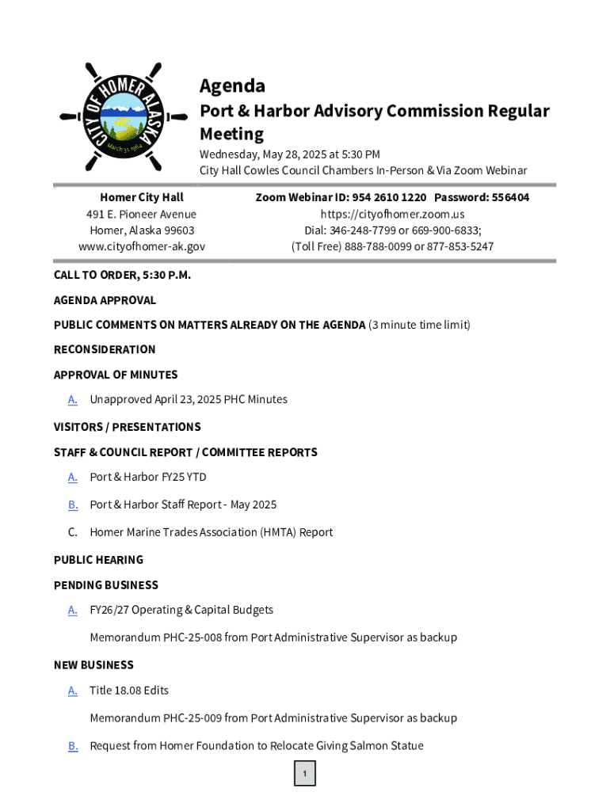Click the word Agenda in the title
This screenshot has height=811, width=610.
click(232, 86)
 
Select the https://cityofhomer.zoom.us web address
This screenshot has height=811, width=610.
click(392, 214)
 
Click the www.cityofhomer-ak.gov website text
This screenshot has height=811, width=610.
click(142, 246)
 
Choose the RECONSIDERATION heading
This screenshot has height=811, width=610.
click(105, 349)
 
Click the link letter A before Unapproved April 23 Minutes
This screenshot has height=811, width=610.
click(73, 399)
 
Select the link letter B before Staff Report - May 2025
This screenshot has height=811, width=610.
click(73, 504)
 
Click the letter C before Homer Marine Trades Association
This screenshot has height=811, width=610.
click(73, 532)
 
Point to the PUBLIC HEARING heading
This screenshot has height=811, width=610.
click(98, 560)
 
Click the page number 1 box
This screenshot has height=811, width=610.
click(305, 774)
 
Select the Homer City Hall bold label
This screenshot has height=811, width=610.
click(142, 197)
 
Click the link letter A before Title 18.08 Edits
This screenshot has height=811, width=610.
click(73, 691)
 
